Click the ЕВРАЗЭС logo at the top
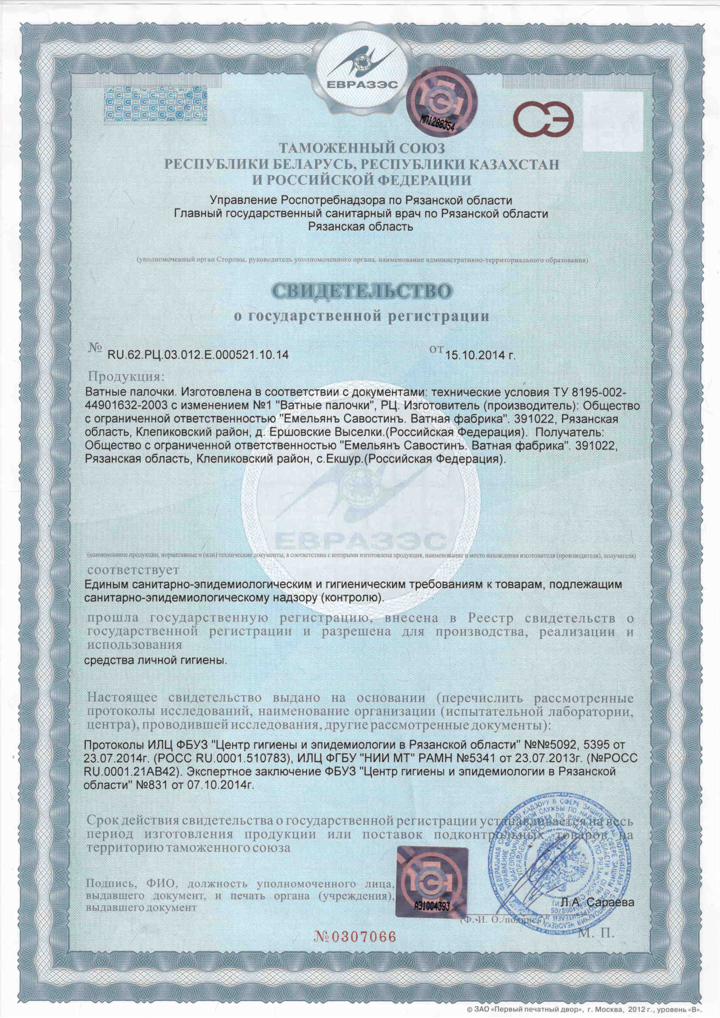point(360,67)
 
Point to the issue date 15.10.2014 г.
point(481,354)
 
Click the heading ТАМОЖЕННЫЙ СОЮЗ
point(361,148)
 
